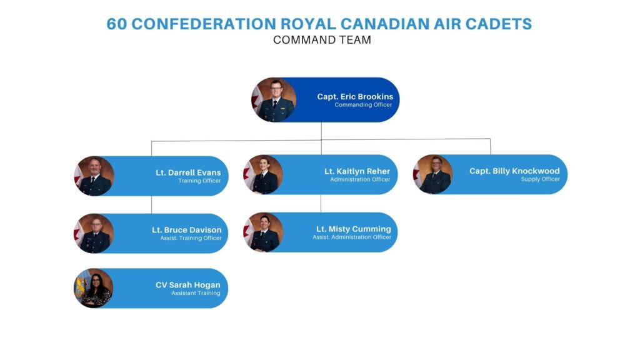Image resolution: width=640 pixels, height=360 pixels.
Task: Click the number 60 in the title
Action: click(x=116, y=24)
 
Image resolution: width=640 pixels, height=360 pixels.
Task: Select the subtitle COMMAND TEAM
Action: click(x=322, y=40)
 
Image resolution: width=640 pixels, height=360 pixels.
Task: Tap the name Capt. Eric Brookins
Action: click(x=355, y=97)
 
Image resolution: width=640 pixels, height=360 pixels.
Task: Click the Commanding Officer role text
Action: click(x=363, y=105)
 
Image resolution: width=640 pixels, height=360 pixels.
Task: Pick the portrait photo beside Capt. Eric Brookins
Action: click(x=274, y=100)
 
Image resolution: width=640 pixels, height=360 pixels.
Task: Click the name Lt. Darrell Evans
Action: click(x=188, y=172)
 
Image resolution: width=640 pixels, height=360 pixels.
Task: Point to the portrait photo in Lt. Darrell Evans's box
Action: click(x=94, y=176)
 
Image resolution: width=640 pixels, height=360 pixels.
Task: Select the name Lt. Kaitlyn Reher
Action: click(x=357, y=171)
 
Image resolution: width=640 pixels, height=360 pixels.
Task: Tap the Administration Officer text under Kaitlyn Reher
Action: click(x=360, y=179)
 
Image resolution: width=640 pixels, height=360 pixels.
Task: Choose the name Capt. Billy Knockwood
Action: click(x=514, y=171)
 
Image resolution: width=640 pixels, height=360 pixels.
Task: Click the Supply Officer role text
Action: click(x=541, y=179)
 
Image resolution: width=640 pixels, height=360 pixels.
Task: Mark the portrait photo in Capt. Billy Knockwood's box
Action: click(x=432, y=174)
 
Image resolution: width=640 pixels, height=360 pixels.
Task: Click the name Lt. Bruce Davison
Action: click(x=186, y=230)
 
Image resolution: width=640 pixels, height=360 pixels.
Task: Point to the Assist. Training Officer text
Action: click(x=191, y=238)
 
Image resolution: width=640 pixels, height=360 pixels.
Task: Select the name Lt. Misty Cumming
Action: click(x=354, y=229)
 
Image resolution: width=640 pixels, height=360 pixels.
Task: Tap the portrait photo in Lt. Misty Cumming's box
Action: click(x=263, y=232)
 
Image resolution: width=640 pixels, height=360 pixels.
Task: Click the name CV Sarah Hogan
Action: click(x=187, y=285)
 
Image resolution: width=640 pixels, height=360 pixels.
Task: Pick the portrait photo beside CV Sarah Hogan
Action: click(x=94, y=288)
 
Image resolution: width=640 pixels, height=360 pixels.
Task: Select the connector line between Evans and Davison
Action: click(x=151, y=205)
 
